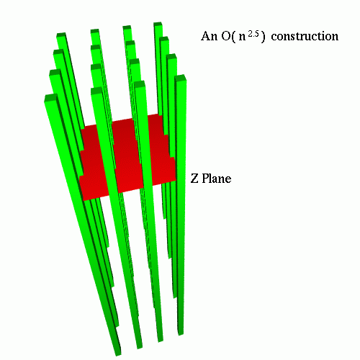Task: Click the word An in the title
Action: tap(209, 36)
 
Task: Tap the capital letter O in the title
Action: tap(226, 36)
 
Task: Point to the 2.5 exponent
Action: tap(253, 34)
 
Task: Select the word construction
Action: tap(305, 37)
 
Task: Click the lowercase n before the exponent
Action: tap(243, 38)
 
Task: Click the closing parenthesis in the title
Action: tap(263, 37)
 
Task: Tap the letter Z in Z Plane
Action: tap(194, 179)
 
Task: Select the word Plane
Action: tap(217, 179)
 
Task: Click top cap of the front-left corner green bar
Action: tap(51, 98)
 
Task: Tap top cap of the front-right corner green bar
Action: tap(181, 78)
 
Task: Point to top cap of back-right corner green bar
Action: tap(158, 24)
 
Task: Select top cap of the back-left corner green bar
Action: tap(61, 35)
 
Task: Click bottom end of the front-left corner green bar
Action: tap(117, 352)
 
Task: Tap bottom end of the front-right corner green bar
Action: tap(181, 333)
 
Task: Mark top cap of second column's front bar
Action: tap(96, 91)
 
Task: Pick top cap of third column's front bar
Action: tap(140, 84)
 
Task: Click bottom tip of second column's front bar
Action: tap(140, 346)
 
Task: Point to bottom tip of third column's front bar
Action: tap(160, 339)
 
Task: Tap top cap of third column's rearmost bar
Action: tap(127, 27)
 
